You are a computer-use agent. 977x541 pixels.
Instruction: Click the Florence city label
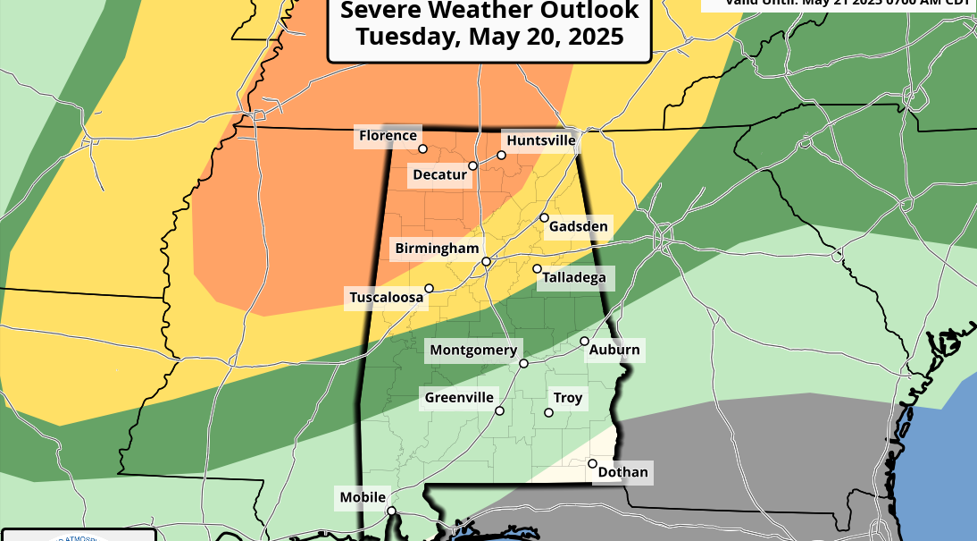point(388,136)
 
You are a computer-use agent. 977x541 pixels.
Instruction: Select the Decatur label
point(439,174)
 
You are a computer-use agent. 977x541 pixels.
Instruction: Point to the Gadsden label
point(578,226)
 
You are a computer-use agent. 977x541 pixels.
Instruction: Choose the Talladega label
point(573,278)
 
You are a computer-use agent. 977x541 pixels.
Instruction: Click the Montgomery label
point(473,351)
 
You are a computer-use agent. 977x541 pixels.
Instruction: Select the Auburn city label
point(614,350)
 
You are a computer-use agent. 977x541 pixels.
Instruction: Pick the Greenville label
point(458,397)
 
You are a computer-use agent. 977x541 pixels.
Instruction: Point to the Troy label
point(568,398)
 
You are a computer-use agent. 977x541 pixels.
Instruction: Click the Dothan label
point(624,472)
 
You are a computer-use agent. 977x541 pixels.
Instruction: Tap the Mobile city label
point(363,497)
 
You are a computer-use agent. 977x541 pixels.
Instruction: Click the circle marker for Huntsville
point(502,155)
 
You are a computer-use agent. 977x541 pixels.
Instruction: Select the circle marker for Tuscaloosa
point(430,288)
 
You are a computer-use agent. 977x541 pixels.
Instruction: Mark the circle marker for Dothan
point(592,463)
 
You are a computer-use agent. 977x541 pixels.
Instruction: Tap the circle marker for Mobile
point(391,511)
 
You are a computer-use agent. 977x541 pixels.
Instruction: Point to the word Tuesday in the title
point(405,37)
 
